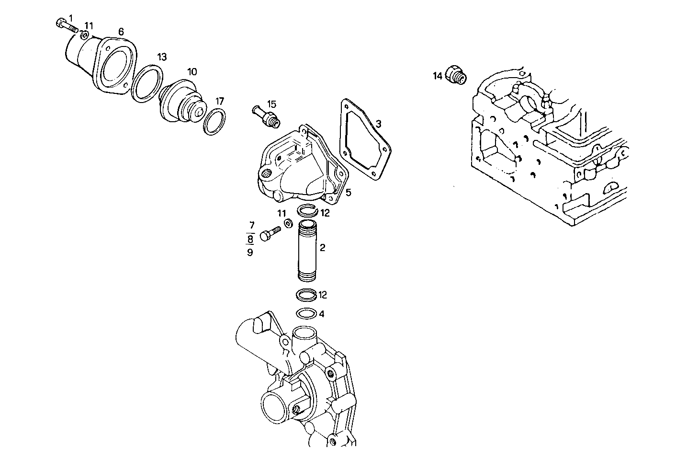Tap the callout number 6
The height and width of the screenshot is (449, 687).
[x=121, y=32]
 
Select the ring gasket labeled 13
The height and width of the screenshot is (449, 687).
[x=146, y=84]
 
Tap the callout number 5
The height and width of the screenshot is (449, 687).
[x=349, y=192]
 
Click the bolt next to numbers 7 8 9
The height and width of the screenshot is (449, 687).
[x=270, y=233]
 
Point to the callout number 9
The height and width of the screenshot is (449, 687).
[x=250, y=252]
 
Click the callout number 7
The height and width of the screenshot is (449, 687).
[x=251, y=225]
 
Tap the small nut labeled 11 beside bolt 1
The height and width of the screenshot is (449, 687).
[x=84, y=35]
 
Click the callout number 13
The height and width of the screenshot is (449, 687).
[x=162, y=57]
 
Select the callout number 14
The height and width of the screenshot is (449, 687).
[x=438, y=76]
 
